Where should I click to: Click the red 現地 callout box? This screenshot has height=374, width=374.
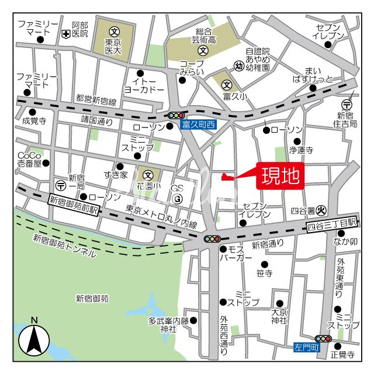(x=280, y=175)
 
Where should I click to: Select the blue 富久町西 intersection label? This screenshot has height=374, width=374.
(x=199, y=124)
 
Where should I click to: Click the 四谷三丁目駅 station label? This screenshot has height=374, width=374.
(x=331, y=223)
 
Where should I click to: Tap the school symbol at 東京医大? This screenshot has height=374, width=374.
(x=114, y=30)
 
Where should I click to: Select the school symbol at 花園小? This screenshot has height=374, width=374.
(x=148, y=174)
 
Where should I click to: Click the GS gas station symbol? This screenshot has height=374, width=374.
(x=178, y=199)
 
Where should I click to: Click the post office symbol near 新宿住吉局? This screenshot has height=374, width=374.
(x=347, y=105)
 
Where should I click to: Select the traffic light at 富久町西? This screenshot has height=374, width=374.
(x=176, y=116)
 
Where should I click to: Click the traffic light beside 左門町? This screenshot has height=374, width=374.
(x=323, y=338)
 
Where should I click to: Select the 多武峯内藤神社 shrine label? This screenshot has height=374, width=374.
(x=168, y=325)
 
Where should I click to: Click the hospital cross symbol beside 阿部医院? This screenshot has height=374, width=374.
(x=65, y=34)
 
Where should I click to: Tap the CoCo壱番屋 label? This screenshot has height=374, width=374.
(x=29, y=160)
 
